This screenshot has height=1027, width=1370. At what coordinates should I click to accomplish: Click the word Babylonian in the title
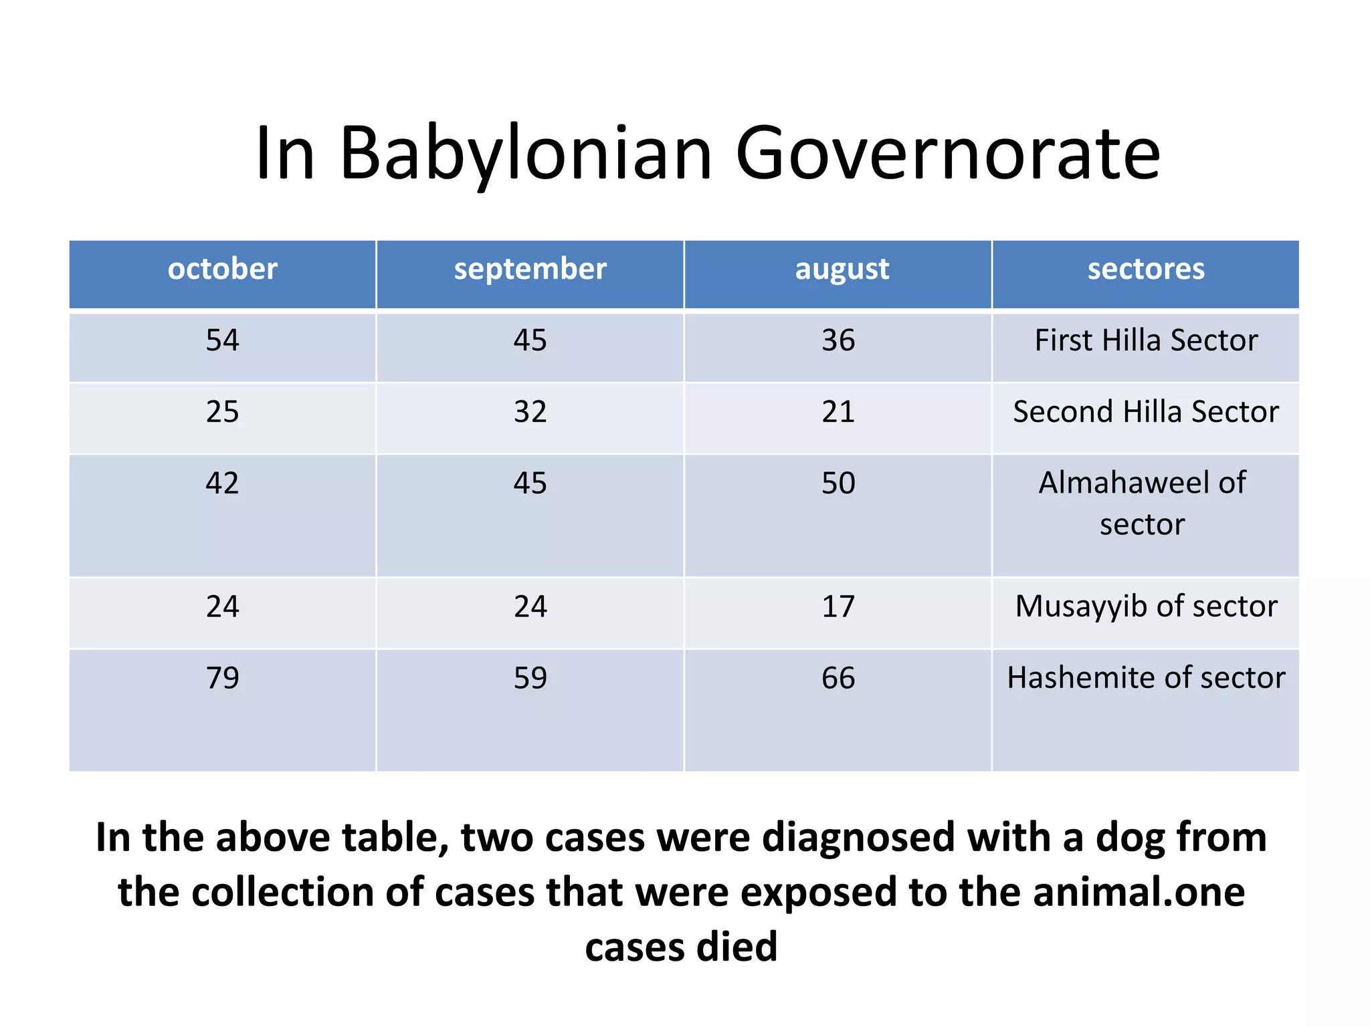(526, 155)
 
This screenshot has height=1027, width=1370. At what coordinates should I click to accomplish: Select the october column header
(222, 269)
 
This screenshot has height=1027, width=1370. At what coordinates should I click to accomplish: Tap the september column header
(530, 269)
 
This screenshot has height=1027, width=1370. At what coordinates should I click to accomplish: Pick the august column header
(842, 269)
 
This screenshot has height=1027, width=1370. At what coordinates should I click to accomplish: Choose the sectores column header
(1145, 269)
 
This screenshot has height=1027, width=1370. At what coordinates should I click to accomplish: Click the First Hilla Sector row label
(1145, 340)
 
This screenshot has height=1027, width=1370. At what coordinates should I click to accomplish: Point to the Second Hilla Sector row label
(1145, 412)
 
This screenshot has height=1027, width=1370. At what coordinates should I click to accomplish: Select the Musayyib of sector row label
(1145, 606)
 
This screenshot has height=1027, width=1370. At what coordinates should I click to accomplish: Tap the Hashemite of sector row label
(1145, 678)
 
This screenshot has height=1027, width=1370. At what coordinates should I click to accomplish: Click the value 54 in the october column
(222, 340)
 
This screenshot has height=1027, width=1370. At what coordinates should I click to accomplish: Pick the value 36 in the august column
(838, 340)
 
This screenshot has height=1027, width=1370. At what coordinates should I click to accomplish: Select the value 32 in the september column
(530, 412)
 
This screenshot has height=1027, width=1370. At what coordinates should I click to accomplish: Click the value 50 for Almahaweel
(838, 483)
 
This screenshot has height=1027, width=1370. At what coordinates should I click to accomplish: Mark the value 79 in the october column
(222, 678)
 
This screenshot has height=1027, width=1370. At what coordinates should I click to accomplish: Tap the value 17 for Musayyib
(838, 606)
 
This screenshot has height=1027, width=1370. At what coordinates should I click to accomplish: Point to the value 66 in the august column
(838, 678)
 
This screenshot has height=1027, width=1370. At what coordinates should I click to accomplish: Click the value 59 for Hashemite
(530, 678)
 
